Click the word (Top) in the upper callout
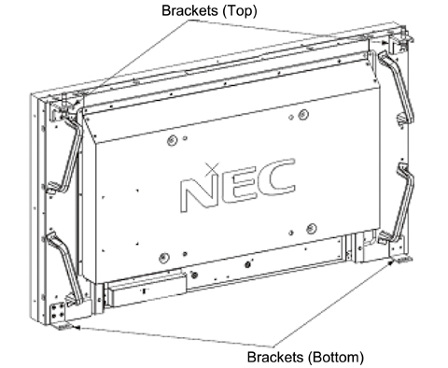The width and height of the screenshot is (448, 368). click(x=231, y=11)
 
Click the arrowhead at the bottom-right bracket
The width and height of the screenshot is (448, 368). click(x=392, y=264)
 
